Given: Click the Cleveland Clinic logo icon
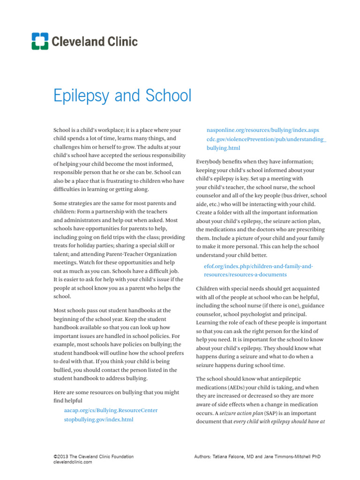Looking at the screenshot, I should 40,41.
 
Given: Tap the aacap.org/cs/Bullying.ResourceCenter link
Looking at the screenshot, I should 111,410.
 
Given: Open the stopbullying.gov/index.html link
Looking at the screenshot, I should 99,420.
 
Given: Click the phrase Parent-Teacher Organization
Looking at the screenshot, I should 140,255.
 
